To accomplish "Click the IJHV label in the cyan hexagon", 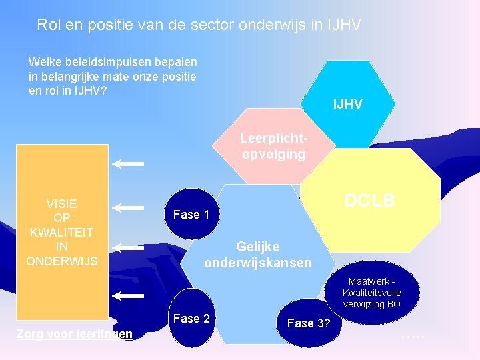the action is pyautogui.click(x=347, y=104).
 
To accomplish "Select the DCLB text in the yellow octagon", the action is pyautogui.click(x=369, y=200).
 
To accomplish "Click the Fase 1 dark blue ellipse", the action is pyautogui.click(x=191, y=215).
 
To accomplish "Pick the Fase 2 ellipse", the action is pyautogui.click(x=191, y=319).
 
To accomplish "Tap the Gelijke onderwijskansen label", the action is pyautogui.click(x=257, y=255).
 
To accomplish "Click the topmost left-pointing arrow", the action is pyautogui.click(x=129, y=162).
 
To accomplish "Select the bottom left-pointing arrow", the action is pyautogui.click(x=129, y=295).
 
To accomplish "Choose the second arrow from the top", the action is pyautogui.click(x=129, y=208).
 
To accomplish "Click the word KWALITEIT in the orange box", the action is pyautogui.click(x=61, y=232).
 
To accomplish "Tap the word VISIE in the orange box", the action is pyautogui.click(x=61, y=203).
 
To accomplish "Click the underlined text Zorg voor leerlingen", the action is pyautogui.click(x=74, y=333).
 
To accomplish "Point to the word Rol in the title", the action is pyautogui.click(x=49, y=25).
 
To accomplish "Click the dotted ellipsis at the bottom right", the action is pyautogui.click(x=412, y=334).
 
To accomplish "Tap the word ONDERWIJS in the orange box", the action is pyautogui.click(x=61, y=261).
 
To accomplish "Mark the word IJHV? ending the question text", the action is pyautogui.click(x=91, y=90).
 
